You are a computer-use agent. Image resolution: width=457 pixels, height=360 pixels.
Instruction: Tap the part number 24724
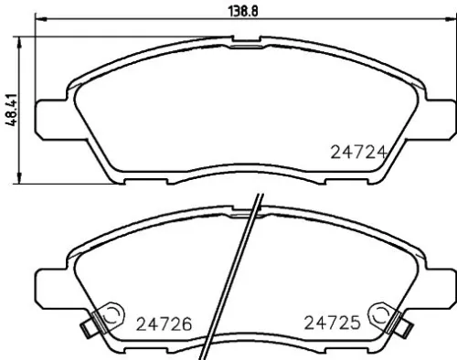pos(353,154)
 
